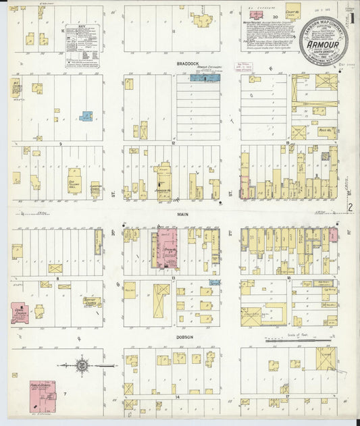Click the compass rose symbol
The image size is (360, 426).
click(82, 365)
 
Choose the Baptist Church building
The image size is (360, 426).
click(92, 302)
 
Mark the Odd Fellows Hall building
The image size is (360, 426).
click(74, 182)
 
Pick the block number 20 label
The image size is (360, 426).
click(276, 16)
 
